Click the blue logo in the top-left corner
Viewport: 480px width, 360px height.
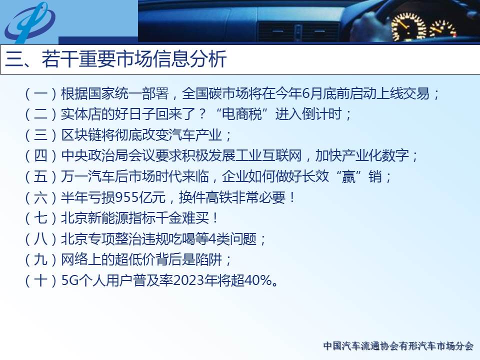(30, 22)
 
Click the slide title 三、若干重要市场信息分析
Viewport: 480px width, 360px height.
(116, 59)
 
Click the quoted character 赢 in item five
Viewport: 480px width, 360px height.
(348, 176)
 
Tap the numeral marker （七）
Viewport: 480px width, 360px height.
(40, 218)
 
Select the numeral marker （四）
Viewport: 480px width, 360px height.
(40, 156)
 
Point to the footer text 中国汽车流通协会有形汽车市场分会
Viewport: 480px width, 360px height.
(398, 346)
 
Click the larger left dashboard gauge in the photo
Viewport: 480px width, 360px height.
(408, 26)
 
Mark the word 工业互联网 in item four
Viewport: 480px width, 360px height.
(269, 156)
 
